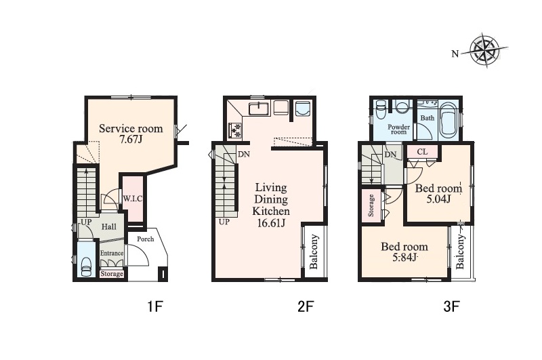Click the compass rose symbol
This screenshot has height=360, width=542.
[x=484, y=50]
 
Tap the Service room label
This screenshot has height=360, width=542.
[x=131, y=129]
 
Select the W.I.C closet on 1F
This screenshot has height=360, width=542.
[x=133, y=199]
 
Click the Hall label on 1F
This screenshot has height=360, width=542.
[x=108, y=227]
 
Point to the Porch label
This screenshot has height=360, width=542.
[x=145, y=239]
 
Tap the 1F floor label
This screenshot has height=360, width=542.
[x=155, y=306]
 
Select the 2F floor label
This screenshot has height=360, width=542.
[x=306, y=306]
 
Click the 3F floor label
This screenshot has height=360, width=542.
[x=451, y=306]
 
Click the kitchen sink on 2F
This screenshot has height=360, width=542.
[x=259, y=108]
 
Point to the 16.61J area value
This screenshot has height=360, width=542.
[x=272, y=223]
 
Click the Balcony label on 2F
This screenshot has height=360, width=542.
[x=314, y=252]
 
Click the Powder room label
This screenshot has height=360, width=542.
[x=398, y=129]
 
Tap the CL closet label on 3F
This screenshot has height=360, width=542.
[x=422, y=152]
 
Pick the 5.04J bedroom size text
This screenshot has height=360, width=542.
[x=438, y=199]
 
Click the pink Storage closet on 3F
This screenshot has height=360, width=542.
[x=371, y=205]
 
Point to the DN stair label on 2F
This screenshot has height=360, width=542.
[x=244, y=154]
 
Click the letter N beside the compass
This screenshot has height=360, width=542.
[x=455, y=54]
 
